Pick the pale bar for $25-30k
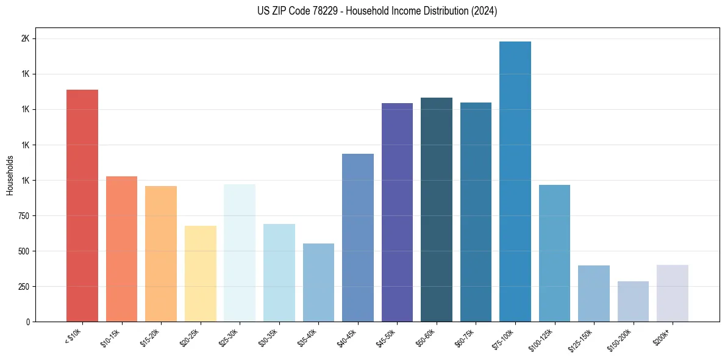[240, 253]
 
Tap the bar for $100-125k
[554, 253]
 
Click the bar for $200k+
[673, 293]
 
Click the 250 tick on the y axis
[24, 286]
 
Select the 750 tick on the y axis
[24, 215]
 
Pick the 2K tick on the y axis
[26, 38]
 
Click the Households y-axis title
[10, 175]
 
